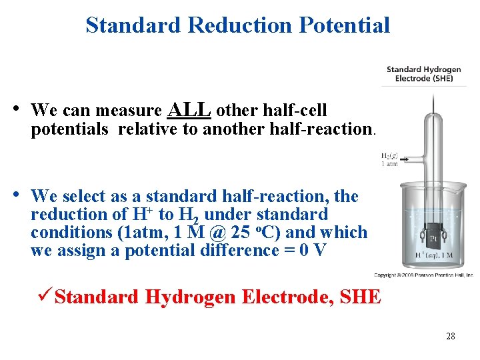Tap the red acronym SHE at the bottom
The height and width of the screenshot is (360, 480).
359,297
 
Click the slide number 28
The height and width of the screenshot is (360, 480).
451,337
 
